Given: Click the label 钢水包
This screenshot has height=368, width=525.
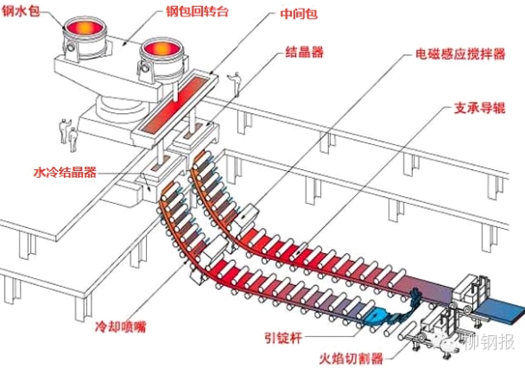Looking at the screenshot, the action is tap(21, 11).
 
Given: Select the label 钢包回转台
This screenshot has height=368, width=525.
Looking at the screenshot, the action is tap(197, 11).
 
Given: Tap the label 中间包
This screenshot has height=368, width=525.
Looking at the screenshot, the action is tap(299, 14).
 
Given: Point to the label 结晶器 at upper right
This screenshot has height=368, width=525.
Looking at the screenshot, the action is tap(304, 52).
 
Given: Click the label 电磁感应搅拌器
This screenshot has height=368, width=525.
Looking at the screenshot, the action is tap(460, 54).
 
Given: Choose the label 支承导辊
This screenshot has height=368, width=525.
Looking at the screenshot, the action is tap(479, 108).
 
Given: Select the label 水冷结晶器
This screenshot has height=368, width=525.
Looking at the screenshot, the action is tap(65, 173).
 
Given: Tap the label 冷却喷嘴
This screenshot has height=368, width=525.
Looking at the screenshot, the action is tap(121, 327).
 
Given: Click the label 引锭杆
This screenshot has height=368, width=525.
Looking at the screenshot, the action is tap(283, 338).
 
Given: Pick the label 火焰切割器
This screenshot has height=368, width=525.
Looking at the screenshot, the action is tap(351, 358).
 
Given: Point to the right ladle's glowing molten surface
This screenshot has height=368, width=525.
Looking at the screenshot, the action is tap(161, 49).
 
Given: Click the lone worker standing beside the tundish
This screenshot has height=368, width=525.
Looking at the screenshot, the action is tap(236, 84).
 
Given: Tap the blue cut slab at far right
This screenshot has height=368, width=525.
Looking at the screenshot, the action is tap(500, 311).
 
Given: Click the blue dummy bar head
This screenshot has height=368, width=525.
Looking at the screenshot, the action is tap(377, 315).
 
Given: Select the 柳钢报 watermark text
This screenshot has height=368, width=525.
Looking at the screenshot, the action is tap(490, 342).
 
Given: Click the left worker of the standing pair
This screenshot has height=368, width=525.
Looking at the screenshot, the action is tap(64, 130).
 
